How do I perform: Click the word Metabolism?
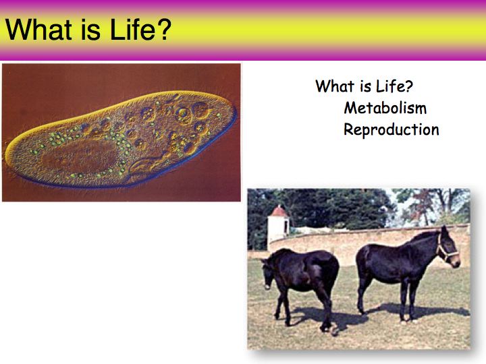[x=385, y=108]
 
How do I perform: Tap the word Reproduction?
[x=391, y=129]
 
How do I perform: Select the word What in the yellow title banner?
[x=38, y=30]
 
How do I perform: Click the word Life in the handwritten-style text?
[x=390, y=86]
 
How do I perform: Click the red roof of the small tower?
[x=279, y=211]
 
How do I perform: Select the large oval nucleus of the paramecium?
[x=81, y=156]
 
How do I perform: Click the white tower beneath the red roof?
[x=278, y=231]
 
